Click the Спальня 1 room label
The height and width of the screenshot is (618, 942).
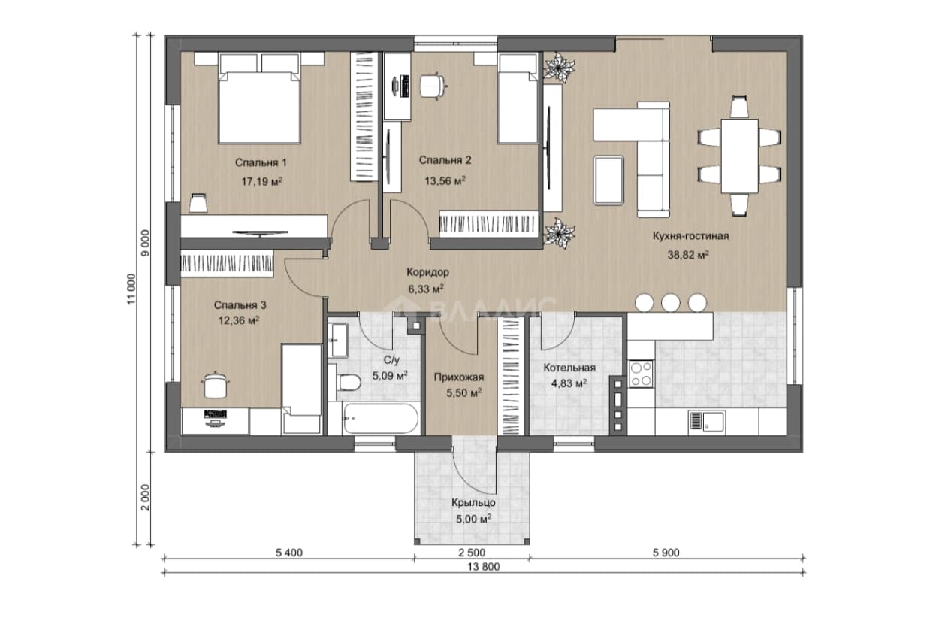tap(261, 162)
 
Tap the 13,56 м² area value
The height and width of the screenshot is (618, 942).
tap(445, 180)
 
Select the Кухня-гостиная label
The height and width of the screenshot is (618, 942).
tap(690, 236)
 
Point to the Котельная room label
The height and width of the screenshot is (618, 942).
tap(569, 368)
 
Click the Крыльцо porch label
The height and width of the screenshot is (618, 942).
tap(473, 503)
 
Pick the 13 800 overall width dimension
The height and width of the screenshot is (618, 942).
tap(484, 567)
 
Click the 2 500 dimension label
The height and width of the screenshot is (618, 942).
tap(472, 553)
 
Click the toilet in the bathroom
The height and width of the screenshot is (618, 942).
tap(349, 383)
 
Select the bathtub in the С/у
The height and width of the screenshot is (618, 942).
tap(381, 419)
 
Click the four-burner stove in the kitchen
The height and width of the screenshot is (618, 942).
tap(642, 374)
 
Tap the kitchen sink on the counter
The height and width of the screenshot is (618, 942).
tap(706, 423)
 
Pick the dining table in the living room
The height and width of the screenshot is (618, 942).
tap(740, 156)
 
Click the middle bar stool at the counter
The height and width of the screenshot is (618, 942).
tap(670, 303)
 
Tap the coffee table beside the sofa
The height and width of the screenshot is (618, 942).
tap(608, 180)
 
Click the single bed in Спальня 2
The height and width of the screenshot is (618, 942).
tap(518, 98)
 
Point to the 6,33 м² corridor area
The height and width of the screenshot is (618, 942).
tap(426, 289)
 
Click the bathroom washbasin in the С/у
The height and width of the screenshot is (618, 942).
tap(337, 340)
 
